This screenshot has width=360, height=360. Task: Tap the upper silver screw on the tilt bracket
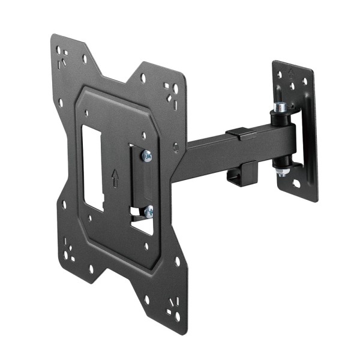146,156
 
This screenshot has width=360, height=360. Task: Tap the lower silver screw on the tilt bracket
148,211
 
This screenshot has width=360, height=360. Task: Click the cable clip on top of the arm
240,132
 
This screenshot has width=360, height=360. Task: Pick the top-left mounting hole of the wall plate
279,75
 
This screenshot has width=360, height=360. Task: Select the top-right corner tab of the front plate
169,90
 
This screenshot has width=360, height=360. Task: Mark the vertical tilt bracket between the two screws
137,184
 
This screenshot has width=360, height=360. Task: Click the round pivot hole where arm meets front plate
176,146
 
